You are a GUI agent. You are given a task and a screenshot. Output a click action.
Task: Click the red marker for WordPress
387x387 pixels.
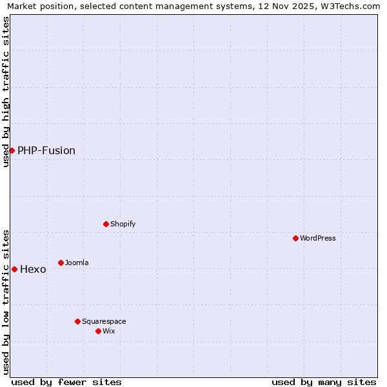coord(295,238)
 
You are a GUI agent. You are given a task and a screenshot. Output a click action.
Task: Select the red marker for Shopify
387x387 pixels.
coord(106,224)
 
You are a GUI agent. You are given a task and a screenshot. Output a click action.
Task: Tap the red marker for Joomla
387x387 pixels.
coord(61,263)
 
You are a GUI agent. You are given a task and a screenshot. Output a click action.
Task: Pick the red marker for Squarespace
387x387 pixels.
coord(77,321)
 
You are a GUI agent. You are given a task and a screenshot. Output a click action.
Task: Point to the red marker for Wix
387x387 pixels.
coord(98,331)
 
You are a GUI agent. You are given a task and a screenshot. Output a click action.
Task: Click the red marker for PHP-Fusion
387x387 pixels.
coord(12,150)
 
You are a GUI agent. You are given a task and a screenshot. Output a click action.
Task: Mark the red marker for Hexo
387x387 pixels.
coord(14,269)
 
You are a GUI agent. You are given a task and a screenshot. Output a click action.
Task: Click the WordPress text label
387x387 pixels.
coord(318,238)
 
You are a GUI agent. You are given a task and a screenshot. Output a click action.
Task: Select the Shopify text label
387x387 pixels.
coord(123,224)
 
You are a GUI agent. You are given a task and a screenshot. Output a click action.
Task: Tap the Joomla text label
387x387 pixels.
coord(77,263)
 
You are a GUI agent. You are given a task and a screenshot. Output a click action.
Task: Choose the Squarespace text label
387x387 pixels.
coord(104,321)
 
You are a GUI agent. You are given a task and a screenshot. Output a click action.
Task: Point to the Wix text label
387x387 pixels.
coord(108,331)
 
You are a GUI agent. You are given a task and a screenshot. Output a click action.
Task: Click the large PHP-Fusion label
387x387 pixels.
coord(46,150)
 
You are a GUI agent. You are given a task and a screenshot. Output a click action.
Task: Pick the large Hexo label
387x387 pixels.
coord(33,269)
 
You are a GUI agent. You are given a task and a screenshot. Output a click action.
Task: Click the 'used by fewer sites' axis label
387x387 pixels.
coord(66,382)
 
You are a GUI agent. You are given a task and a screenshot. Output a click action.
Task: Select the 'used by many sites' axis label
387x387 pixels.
coord(324,382)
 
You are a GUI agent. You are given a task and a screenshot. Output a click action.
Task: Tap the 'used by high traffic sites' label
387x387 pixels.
coord(6,92)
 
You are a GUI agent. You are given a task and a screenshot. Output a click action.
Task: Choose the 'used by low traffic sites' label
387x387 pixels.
coord(6,301)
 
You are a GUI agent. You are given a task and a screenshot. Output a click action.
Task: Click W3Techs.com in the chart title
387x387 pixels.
coord(350,6)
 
